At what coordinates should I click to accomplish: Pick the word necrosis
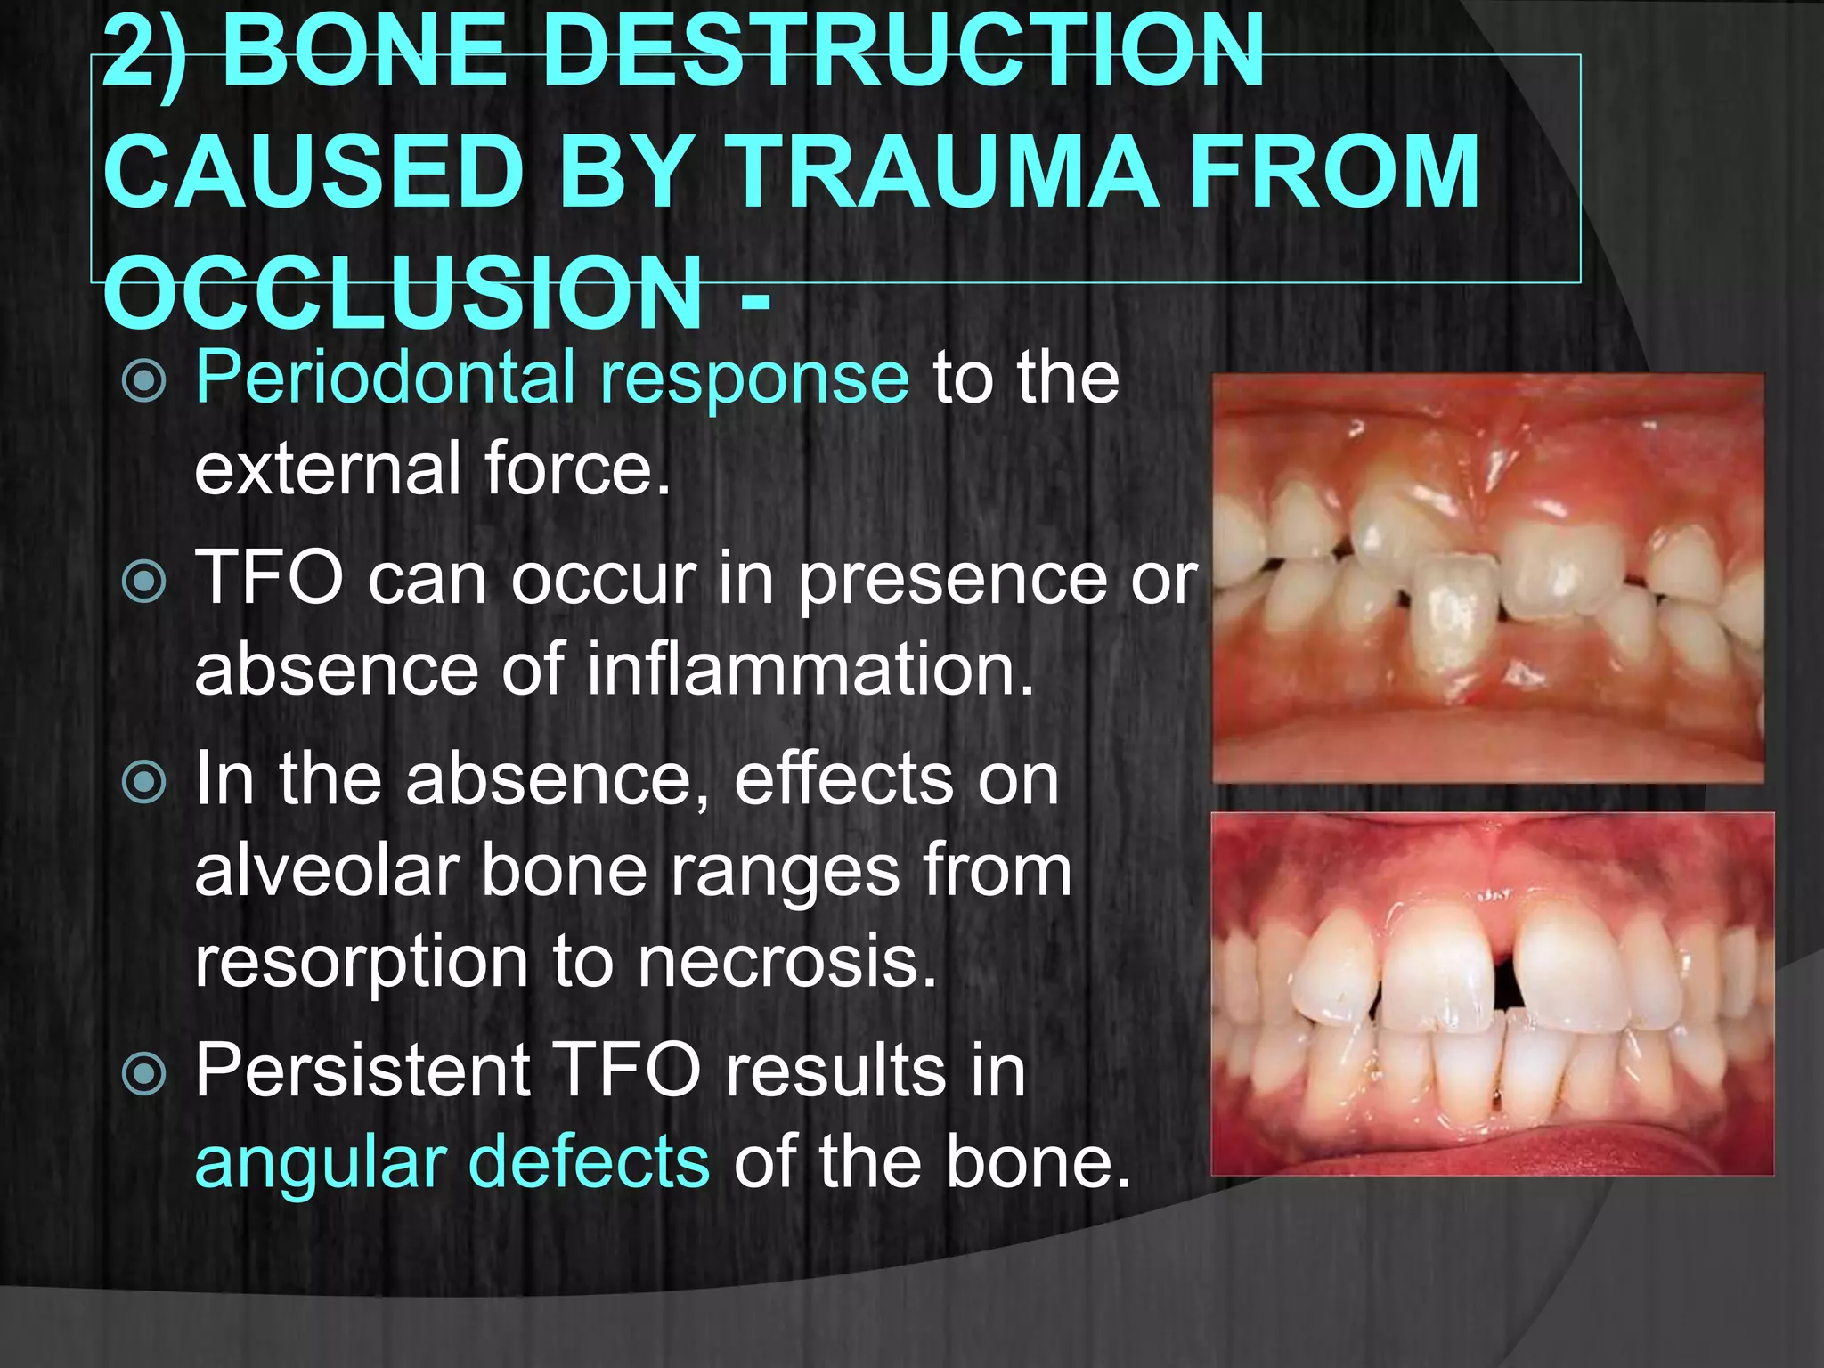point(787,962)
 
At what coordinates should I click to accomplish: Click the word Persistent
point(362,1071)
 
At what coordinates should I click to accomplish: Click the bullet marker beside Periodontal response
point(143,380)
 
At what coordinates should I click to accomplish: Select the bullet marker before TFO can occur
point(143,582)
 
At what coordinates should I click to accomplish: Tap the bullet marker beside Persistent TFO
point(143,1073)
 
